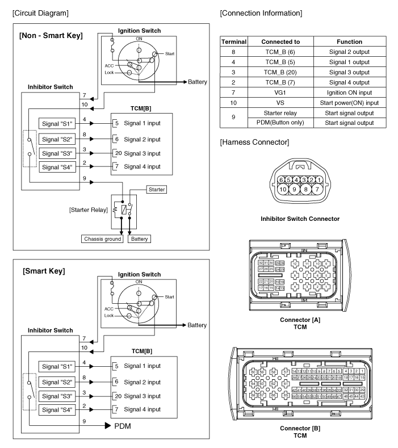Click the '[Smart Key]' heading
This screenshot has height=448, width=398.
44,271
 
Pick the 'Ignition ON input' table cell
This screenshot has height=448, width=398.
349,92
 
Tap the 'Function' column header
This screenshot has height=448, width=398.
349,41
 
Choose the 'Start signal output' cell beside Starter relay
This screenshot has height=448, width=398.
349,112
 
